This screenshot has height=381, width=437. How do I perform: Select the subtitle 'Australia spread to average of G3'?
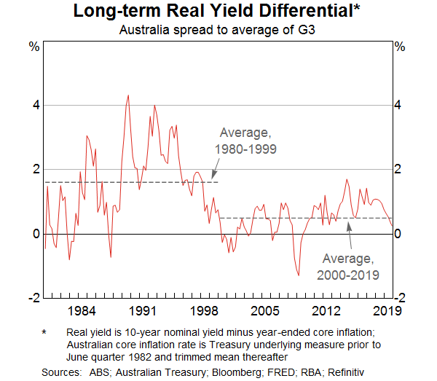[x=219, y=30]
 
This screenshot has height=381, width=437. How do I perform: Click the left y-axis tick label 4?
[x=35, y=105]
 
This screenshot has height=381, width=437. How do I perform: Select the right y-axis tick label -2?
[x=400, y=298]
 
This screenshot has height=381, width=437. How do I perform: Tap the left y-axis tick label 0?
[x=35, y=234]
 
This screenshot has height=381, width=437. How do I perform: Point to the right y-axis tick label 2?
[x=398, y=169]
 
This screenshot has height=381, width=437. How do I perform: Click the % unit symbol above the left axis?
[x=34, y=47]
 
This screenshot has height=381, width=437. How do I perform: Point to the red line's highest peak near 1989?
[x=128, y=95]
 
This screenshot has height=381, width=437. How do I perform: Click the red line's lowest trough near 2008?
[x=299, y=275]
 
